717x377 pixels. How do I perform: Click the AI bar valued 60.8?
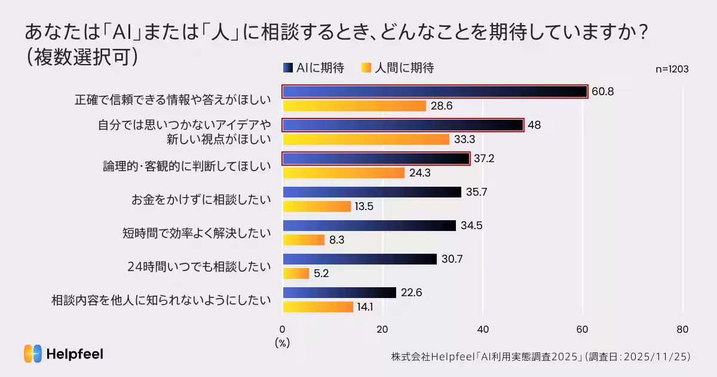tap(434, 92)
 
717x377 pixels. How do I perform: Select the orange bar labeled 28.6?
tap(354, 106)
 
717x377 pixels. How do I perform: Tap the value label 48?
tap(534, 125)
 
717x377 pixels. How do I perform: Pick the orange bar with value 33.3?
tap(366, 139)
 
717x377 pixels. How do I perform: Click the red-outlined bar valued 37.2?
tap(376, 159)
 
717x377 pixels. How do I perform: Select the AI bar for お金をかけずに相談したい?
tap(372, 192)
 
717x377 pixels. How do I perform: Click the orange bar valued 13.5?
tap(316, 206)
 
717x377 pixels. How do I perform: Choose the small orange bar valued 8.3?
tap(303, 240)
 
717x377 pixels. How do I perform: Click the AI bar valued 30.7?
tap(359, 259)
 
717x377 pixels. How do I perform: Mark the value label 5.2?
tap(321, 273)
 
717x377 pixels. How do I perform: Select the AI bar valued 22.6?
tap(339, 293)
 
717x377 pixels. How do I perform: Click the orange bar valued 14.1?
tap(317, 307)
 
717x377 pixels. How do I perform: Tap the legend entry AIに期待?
tap(314, 68)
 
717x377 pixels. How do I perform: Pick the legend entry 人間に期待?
tap(398, 68)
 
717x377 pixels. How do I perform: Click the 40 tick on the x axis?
tap(483, 329)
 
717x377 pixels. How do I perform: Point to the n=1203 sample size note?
tap(672, 69)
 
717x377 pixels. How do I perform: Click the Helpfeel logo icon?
tap(32, 354)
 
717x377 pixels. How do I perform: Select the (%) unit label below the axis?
tap(282, 343)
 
